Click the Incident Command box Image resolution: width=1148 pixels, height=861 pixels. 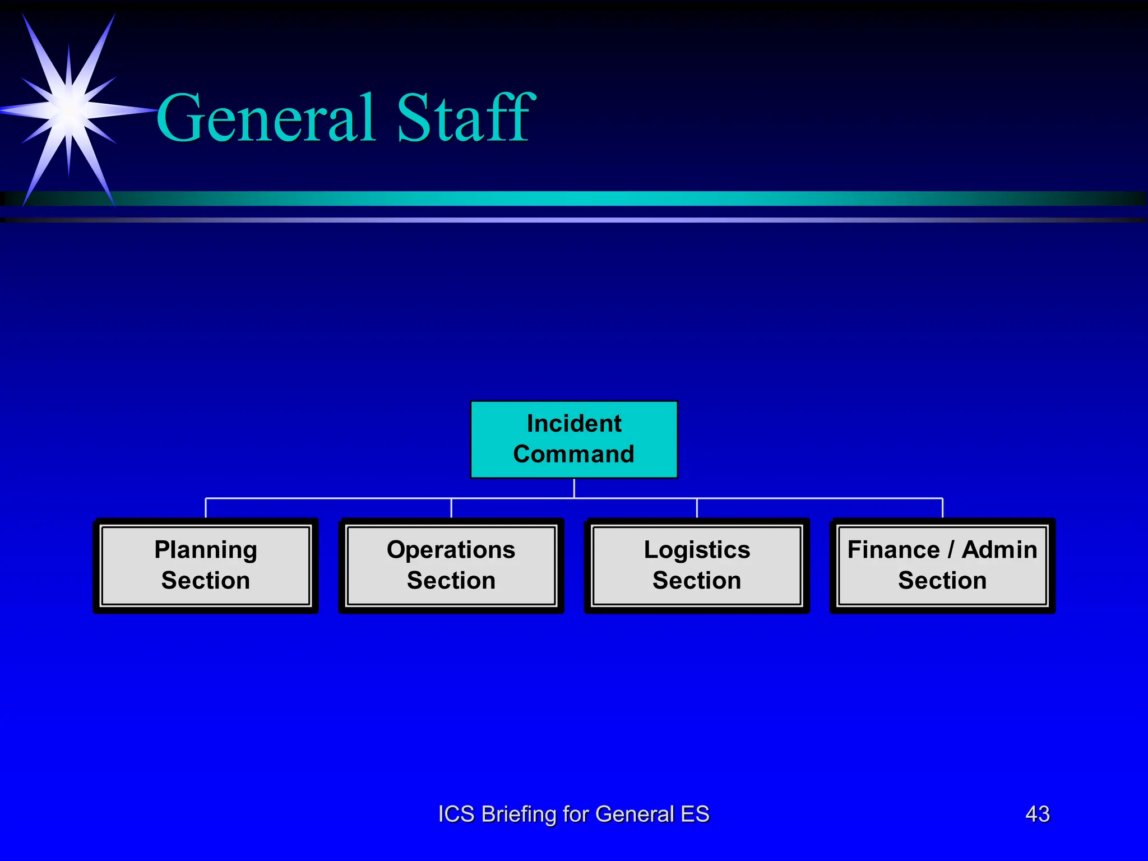pos(573,439)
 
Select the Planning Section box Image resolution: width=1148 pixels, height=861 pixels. pos(206,565)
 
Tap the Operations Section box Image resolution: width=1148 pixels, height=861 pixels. pos(451,565)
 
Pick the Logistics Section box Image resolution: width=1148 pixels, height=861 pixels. pos(697,565)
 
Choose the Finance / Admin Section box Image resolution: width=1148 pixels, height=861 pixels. pos(942,565)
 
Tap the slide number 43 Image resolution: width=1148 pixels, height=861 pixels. pos(1037,814)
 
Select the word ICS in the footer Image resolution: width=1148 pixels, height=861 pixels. pos(456,814)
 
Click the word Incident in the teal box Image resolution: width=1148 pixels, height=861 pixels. pos(574,424)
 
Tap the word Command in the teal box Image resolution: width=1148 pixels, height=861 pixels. pos(573,454)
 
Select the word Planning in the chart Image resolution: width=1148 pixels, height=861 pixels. pos(206,550)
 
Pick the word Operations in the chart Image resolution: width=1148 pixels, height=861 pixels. pos(451,550)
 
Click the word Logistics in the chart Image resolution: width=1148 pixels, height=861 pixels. pos(697,550)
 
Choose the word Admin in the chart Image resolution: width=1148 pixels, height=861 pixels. pos(999,550)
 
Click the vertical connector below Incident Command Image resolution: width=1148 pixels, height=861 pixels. pos(574,488)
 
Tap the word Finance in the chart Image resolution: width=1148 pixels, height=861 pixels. pos(894,550)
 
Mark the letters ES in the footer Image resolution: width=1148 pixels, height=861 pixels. pos(695,814)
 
